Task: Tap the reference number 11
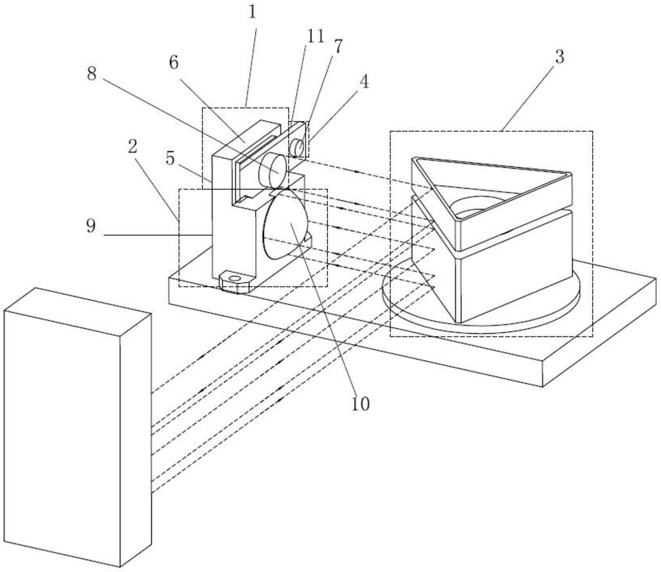[315, 37]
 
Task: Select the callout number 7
[338, 47]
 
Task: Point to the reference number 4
[364, 83]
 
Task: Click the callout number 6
[170, 159]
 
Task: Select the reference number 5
[92, 74]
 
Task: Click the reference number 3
[559, 57]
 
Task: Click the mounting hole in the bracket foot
[235, 278]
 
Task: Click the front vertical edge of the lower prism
[457, 289]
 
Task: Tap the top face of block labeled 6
[247, 139]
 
